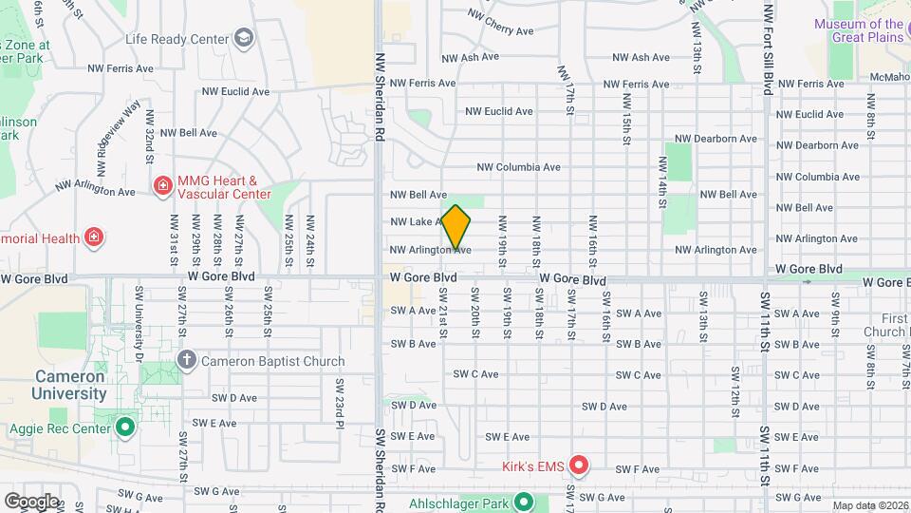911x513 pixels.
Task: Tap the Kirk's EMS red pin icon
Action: click(578, 465)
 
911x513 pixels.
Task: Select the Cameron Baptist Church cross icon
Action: click(186, 360)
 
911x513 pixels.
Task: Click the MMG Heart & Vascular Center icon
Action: click(163, 183)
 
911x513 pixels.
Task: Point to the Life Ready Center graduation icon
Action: click(244, 39)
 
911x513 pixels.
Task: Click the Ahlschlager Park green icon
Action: click(522, 501)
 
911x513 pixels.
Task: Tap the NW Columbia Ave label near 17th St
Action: click(518, 166)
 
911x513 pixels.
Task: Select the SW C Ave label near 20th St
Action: click(476, 374)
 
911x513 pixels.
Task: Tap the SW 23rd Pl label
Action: click(339, 398)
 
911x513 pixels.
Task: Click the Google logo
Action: click(31, 501)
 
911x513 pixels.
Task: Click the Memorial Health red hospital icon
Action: click(93, 237)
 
